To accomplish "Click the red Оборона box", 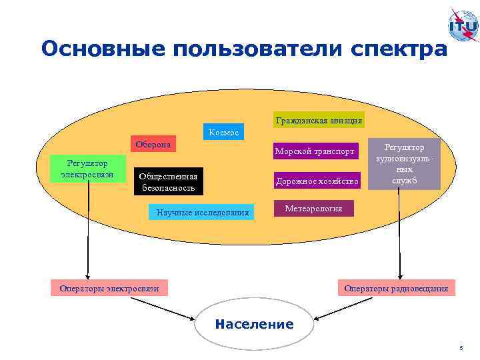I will [153, 145].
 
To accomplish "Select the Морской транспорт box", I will [315, 151].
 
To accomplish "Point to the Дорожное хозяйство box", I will [317, 181].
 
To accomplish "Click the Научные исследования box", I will [203, 213].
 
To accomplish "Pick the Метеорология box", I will [313, 209].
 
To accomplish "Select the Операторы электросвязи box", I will [109, 288].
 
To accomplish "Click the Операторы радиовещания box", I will [396, 288].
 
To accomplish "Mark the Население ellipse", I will [254, 325].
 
